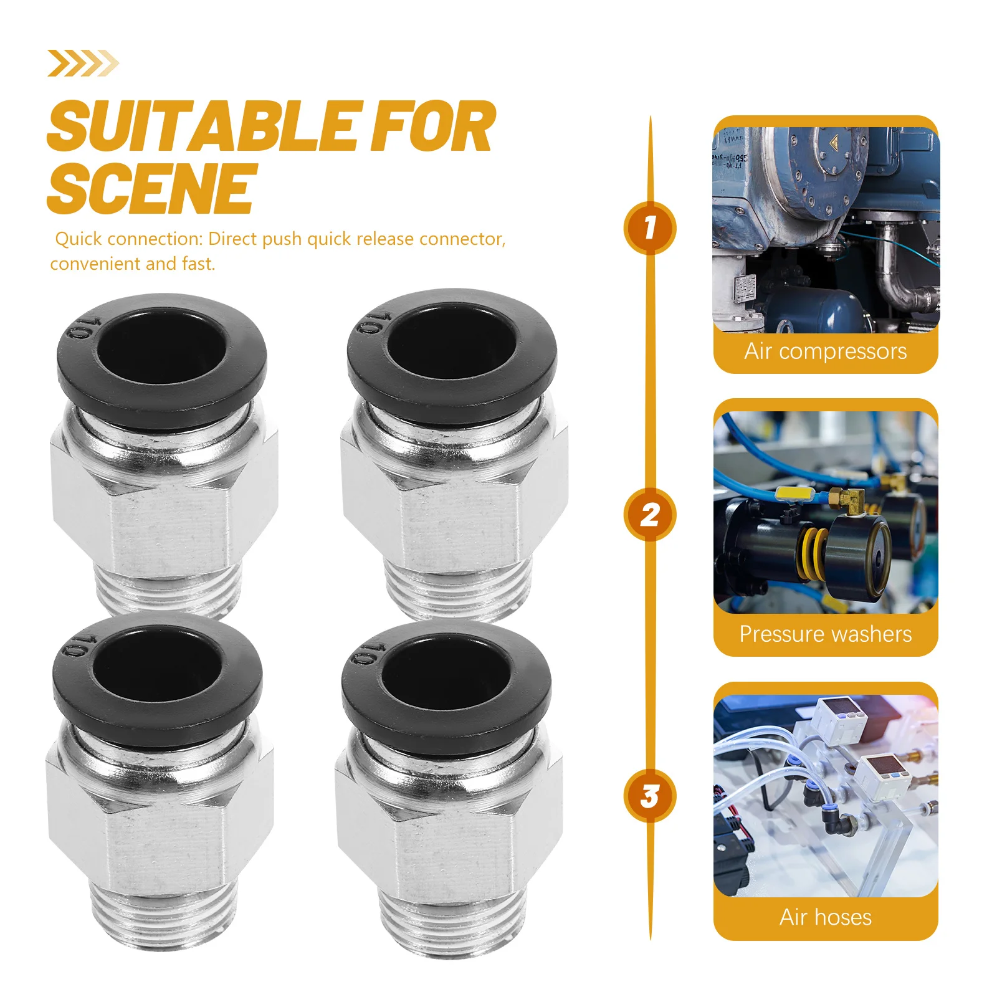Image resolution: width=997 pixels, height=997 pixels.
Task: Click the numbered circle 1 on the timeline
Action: [649, 228]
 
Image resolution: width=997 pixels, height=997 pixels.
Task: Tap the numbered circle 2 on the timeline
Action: [649, 515]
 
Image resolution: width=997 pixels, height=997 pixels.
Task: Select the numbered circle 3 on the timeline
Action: [649, 796]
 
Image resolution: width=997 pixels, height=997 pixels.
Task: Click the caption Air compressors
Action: [825, 351]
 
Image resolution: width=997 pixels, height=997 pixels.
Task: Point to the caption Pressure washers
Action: [825, 634]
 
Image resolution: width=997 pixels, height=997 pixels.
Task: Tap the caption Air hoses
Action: [825, 917]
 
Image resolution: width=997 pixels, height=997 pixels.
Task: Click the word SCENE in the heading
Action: [151, 188]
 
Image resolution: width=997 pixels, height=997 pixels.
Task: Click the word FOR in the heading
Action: [432, 127]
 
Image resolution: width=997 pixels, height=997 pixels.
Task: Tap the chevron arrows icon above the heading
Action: [82, 63]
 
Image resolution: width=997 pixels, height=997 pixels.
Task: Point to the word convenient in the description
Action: [96, 264]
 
